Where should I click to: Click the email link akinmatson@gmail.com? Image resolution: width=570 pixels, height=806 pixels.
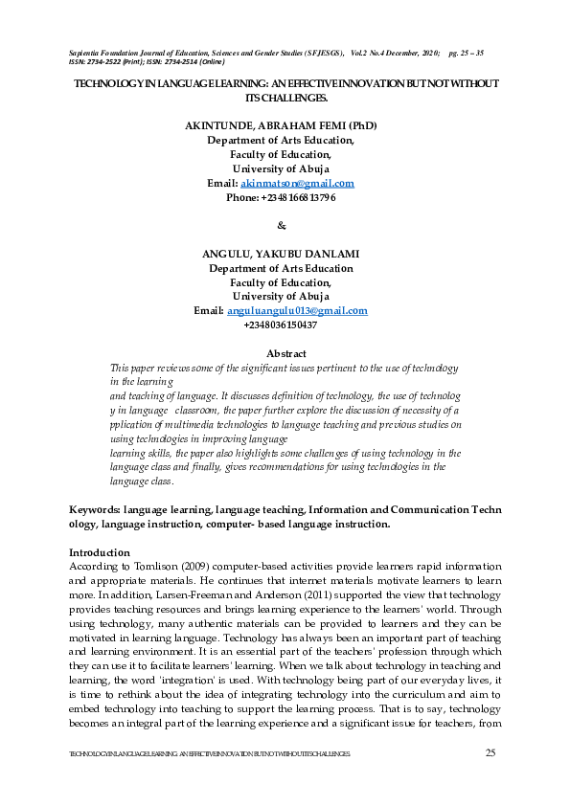click(297, 183)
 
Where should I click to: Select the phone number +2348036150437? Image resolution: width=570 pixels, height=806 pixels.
click(281, 325)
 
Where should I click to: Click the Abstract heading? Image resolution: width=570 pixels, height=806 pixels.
click(285, 354)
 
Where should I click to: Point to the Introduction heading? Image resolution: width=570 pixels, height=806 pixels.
click(100, 552)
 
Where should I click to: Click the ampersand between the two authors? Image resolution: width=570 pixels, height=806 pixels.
click(281, 226)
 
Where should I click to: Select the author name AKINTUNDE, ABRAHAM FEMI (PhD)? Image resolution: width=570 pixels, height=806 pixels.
click(281, 125)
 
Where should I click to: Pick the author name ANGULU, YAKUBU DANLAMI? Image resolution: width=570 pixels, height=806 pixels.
click(281, 254)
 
